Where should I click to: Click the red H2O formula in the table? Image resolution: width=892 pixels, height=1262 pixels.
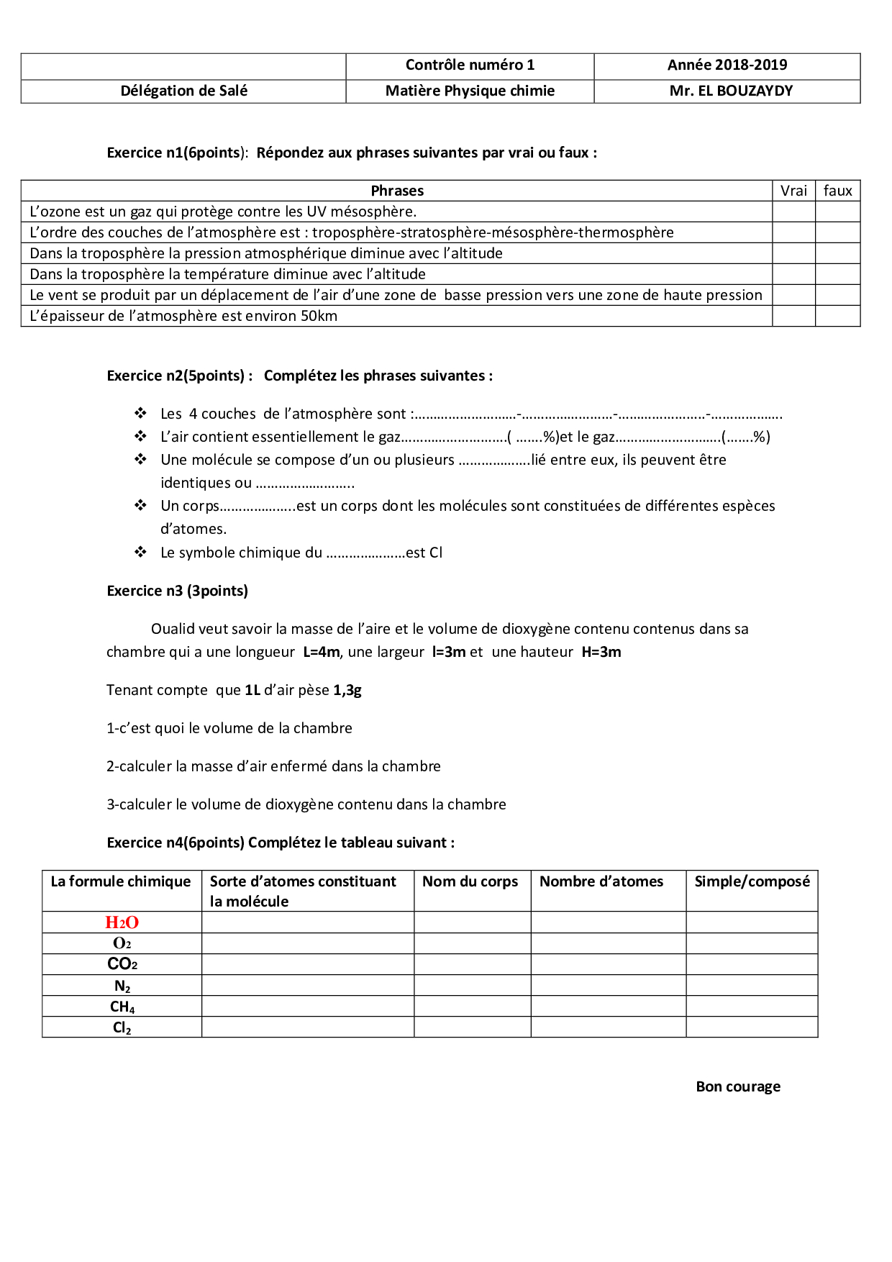point(122,922)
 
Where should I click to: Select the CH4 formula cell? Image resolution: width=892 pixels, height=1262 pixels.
point(122,1007)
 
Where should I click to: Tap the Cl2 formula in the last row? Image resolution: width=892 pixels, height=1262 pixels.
point(122,1027)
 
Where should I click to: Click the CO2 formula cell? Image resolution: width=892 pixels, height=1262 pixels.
point(122,964)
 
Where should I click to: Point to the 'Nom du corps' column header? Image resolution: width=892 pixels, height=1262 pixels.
point(470,881)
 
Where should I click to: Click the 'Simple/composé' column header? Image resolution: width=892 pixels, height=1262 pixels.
point(752,881)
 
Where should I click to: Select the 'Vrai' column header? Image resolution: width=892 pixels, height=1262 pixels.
point(793,191)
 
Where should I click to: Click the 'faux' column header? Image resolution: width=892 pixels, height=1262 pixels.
point(837,191)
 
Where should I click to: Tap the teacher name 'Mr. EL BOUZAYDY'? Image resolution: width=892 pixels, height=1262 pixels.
point(731,91)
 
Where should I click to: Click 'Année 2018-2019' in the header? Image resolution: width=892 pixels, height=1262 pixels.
point(727,65)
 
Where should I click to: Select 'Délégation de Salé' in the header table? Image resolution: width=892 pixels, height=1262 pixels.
point(183,91)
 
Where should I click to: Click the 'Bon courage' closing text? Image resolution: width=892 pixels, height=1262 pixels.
point(738,1086)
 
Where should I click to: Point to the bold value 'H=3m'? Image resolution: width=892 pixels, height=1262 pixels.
point(601,652)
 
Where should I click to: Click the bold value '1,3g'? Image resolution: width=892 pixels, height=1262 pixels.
point(347,690)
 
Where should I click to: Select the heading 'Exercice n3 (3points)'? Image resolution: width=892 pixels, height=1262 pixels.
point(177,591)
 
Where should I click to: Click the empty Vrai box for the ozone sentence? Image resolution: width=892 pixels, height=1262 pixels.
point(793,212)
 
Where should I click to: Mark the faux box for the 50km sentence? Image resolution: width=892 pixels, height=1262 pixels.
point(837,316)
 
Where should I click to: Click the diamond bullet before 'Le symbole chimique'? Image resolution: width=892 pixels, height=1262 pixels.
point(140,552)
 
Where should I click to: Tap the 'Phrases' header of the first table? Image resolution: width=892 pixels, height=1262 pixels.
point(397,191)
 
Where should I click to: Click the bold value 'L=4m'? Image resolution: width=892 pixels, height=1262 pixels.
point(321,652)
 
